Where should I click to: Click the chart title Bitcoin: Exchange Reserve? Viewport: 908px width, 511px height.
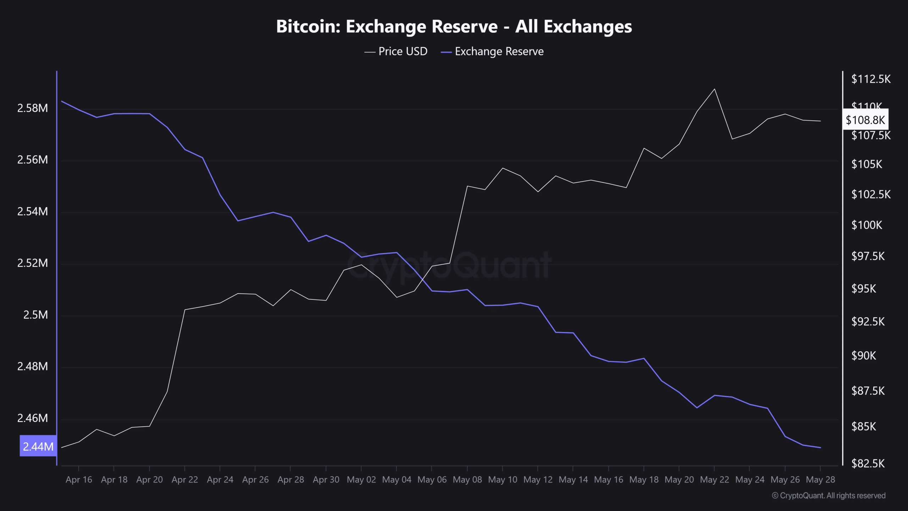coord(454,27)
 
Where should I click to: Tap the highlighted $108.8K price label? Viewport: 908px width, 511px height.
coord(865,120)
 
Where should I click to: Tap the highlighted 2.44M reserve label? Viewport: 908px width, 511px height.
coord(38,446)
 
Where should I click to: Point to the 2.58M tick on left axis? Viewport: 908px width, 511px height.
coord(32,108)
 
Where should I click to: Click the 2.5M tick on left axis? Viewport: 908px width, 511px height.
coord(35,315)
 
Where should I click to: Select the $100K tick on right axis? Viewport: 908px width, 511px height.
coord(867,225)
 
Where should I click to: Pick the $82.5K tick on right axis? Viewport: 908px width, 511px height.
coord(868,463)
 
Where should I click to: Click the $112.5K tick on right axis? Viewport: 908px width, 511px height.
coord(871,79)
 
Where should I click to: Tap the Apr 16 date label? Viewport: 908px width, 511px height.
coord(79,480)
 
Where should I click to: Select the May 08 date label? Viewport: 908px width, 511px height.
coord(467,480)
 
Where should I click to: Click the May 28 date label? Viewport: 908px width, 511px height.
coord(820,480)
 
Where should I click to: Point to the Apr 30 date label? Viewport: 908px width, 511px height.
coord(326,480)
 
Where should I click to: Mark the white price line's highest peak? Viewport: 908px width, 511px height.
coord(714,89)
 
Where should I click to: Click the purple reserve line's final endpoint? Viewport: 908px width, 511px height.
coord(820,447)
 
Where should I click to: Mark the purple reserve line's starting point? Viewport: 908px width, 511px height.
coord(62,101)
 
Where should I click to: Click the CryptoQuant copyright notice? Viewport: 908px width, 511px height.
coord(829,496)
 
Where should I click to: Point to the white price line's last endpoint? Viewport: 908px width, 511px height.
coord(820,121)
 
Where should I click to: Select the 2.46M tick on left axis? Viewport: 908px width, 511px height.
coord(32,418)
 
